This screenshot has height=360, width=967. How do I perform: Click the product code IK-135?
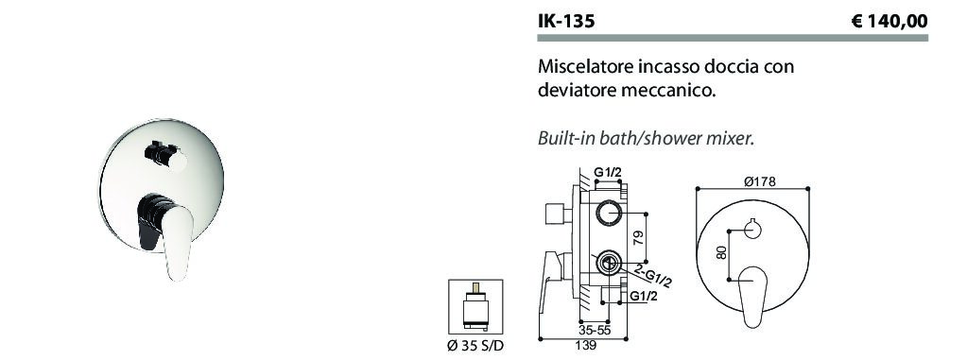[566, 22]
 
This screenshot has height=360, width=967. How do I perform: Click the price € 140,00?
[889, 22]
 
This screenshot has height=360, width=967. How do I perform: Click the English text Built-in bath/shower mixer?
[647, 139]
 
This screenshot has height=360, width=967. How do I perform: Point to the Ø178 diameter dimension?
[759, 181]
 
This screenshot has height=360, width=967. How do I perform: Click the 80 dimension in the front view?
[722, 252]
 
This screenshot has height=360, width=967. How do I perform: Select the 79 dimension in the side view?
[639, 237]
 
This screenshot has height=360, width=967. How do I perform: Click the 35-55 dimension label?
[595, 330]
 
